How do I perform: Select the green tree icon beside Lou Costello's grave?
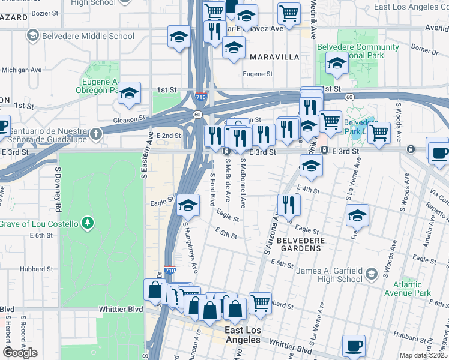88,224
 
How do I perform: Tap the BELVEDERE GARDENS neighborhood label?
300,244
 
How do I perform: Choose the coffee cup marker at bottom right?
354,346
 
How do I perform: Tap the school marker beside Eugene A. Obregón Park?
129,93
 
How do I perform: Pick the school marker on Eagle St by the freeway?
188,205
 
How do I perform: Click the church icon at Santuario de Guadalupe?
97,136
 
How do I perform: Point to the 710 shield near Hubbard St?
169,271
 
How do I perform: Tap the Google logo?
20,353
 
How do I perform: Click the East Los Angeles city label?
243,335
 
